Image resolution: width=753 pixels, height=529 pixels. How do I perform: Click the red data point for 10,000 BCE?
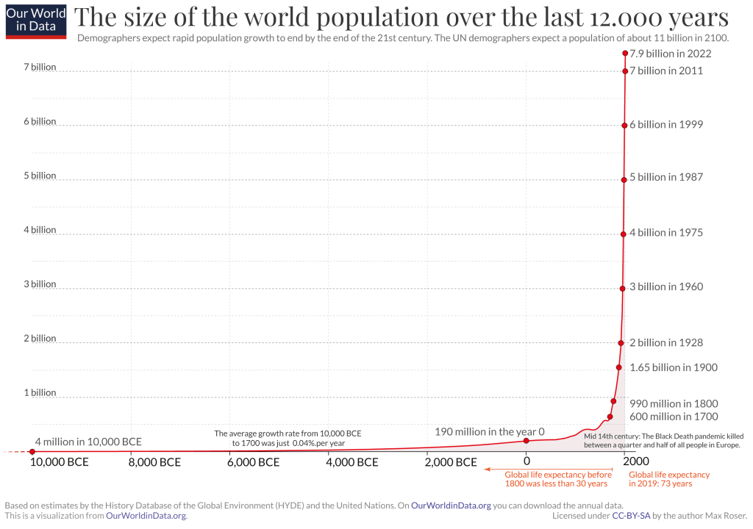(32, 451)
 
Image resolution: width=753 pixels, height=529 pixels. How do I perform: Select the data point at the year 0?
(527, 440)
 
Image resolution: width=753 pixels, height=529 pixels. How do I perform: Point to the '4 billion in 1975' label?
(666, 233)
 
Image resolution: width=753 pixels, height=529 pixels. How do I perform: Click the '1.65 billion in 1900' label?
(674, 367)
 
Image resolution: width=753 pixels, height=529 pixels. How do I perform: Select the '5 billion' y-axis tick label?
(39, 176)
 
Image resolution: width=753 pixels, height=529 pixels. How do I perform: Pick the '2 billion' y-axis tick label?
(39, 339)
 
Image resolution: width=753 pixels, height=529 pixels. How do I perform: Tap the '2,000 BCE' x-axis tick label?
(452, 462)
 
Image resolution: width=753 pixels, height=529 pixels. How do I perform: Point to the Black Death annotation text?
(661, 441)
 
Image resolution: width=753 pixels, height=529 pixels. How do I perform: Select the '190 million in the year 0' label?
(490, 432)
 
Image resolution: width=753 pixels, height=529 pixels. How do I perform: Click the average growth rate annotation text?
(288, 438)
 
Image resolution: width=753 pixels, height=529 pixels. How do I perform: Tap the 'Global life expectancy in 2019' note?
(660, 479)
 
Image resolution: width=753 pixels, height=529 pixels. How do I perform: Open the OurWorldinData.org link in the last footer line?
(146, 516)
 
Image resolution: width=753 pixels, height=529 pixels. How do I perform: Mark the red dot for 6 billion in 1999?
(624, 125)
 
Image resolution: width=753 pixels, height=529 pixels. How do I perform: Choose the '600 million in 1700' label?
(673, 417)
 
